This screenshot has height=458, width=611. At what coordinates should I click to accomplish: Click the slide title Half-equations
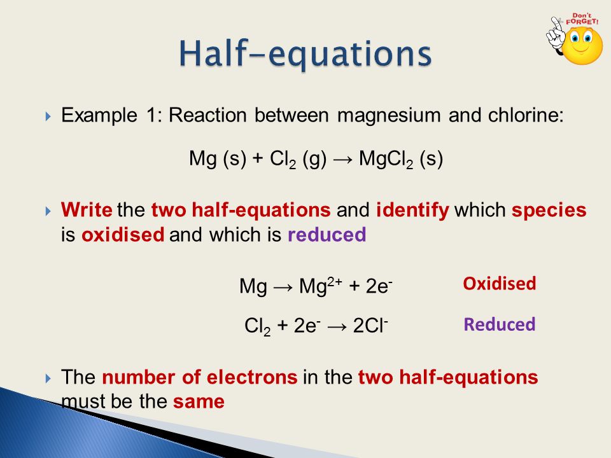coord(304,54)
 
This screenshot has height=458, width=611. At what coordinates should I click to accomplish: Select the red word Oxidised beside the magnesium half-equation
coord(500,284)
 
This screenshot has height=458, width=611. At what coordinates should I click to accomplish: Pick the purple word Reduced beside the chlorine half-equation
coord(500,324)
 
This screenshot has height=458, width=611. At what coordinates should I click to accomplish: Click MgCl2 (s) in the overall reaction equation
coord(401,158)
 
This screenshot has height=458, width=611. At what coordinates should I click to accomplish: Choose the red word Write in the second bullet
coord(86,211)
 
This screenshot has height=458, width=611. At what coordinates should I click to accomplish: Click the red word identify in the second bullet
coord(412,211)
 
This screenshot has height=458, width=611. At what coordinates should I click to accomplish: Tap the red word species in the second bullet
coord(549,211)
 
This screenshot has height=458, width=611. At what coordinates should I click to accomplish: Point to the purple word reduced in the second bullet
coord(327,235)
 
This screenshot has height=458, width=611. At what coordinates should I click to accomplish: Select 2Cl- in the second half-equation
coord(370,327)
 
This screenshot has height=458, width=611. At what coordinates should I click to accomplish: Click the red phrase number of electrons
coord(199,378)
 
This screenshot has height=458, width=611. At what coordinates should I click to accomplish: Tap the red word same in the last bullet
coord(199,402)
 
